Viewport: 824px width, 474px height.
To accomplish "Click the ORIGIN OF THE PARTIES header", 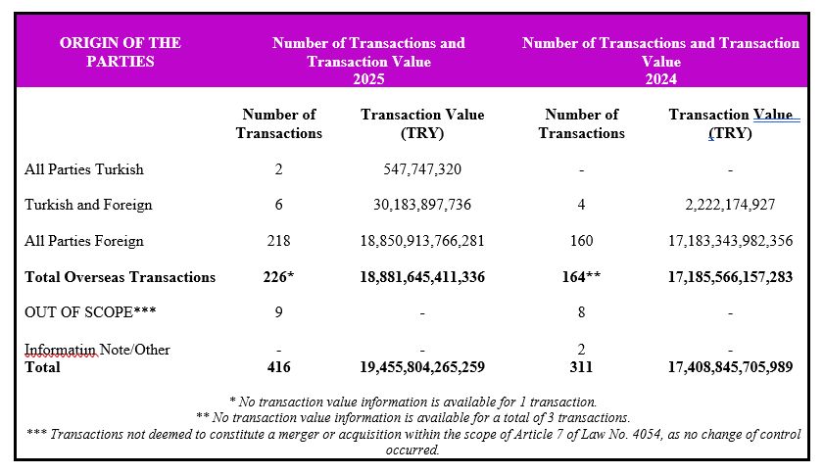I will coord(121,52).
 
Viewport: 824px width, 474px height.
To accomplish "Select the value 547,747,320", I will coord(422,169).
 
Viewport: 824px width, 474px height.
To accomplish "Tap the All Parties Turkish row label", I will coord(84,169).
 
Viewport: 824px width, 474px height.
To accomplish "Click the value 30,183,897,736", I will coord(422,206).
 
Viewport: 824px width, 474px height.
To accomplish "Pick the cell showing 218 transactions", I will coord(279,241).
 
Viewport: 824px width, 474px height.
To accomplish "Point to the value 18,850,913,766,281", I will coord(422,241).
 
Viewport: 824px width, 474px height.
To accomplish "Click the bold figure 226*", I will coord(279,277).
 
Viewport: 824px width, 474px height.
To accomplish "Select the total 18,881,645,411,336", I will coord(422,277).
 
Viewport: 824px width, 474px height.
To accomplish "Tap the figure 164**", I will coord(581,277).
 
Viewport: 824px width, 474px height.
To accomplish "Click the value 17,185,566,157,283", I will coord(730,277).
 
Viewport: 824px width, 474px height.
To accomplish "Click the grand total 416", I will coord(279,367).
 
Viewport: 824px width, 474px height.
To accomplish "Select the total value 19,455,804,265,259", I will coord(422,367).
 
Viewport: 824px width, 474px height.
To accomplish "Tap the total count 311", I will coord(581,367).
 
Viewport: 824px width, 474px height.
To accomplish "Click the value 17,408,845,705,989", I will coord(730,367).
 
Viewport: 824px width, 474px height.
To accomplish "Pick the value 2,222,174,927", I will coord(730,206).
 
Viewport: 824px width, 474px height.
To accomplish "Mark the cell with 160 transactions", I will coord(581,241).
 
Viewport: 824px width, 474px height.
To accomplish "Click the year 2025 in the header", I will coord(368,79).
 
